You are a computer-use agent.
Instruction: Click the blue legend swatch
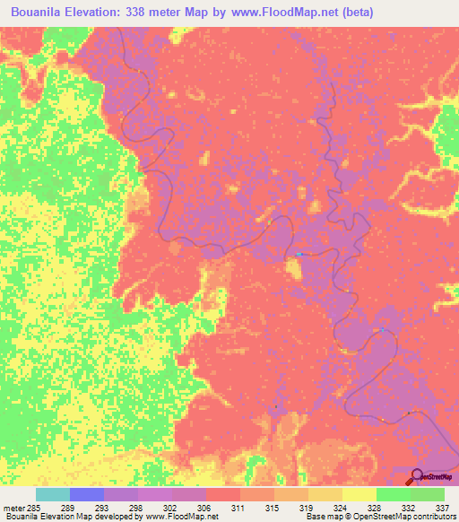click(87, 494)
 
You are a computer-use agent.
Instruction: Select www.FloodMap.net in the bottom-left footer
click(179, 517)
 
